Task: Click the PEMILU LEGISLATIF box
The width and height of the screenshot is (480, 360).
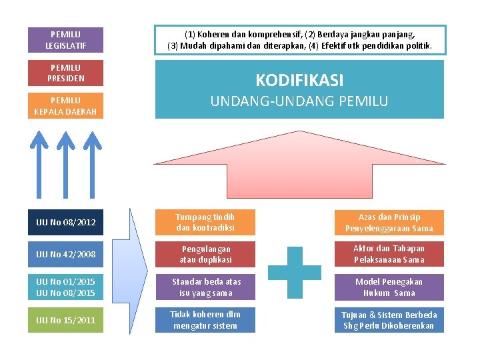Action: click(65, 40)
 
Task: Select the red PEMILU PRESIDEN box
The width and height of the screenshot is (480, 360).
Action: click(65, 73)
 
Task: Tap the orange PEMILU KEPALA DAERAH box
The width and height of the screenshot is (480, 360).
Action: click(65, 106)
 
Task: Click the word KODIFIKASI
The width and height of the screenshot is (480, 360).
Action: click(299, 81)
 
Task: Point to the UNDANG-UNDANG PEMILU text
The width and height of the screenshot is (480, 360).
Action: click(299, 101)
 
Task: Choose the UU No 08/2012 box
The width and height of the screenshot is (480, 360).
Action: click(65, 222)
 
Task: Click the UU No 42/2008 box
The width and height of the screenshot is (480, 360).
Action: click(65, 255)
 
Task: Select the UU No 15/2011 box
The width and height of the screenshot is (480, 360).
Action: click(65, 320)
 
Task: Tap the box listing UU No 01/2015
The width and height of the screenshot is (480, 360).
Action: click(65, 287)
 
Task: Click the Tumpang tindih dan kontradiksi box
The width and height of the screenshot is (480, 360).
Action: click(205, 222)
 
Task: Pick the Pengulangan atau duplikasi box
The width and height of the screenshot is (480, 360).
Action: click(205, 254)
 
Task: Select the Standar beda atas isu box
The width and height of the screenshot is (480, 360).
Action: click(205, 287)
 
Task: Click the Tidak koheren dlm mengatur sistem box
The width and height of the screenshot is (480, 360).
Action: click(205, 319)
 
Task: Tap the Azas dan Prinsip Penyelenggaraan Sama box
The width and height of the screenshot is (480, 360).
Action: click(389, 223)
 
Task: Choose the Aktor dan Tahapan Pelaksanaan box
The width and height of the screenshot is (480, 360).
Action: click(389, 254)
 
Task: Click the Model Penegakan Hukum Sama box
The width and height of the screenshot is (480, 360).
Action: click(389, 287)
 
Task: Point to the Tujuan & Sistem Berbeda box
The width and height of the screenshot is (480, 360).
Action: click(389, 319)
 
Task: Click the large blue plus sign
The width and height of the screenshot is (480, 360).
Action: click(294, 271)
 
